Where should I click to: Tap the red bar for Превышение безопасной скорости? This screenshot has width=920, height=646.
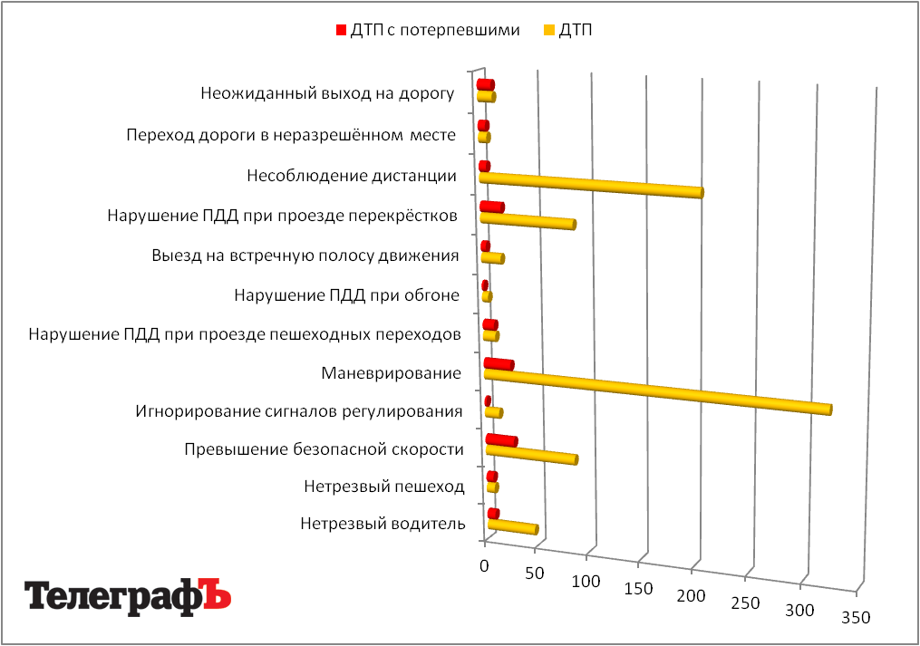501,440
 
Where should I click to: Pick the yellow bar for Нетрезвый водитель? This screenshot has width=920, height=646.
513,526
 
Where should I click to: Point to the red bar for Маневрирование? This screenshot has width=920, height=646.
499,364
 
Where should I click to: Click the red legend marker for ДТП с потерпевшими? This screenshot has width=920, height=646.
341,30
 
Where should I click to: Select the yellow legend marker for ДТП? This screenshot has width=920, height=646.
549,30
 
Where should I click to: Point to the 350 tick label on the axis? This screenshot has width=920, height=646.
856,619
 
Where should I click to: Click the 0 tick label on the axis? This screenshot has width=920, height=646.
484,565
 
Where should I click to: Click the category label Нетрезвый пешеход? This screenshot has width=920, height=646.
384,487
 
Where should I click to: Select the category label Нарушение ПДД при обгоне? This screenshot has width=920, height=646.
346,294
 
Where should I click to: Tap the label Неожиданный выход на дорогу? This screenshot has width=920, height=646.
326,93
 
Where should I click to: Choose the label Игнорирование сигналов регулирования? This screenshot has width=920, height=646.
299,412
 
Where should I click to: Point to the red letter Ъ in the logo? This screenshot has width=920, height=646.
215,594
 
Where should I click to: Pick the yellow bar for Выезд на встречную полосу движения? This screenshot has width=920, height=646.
492,258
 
